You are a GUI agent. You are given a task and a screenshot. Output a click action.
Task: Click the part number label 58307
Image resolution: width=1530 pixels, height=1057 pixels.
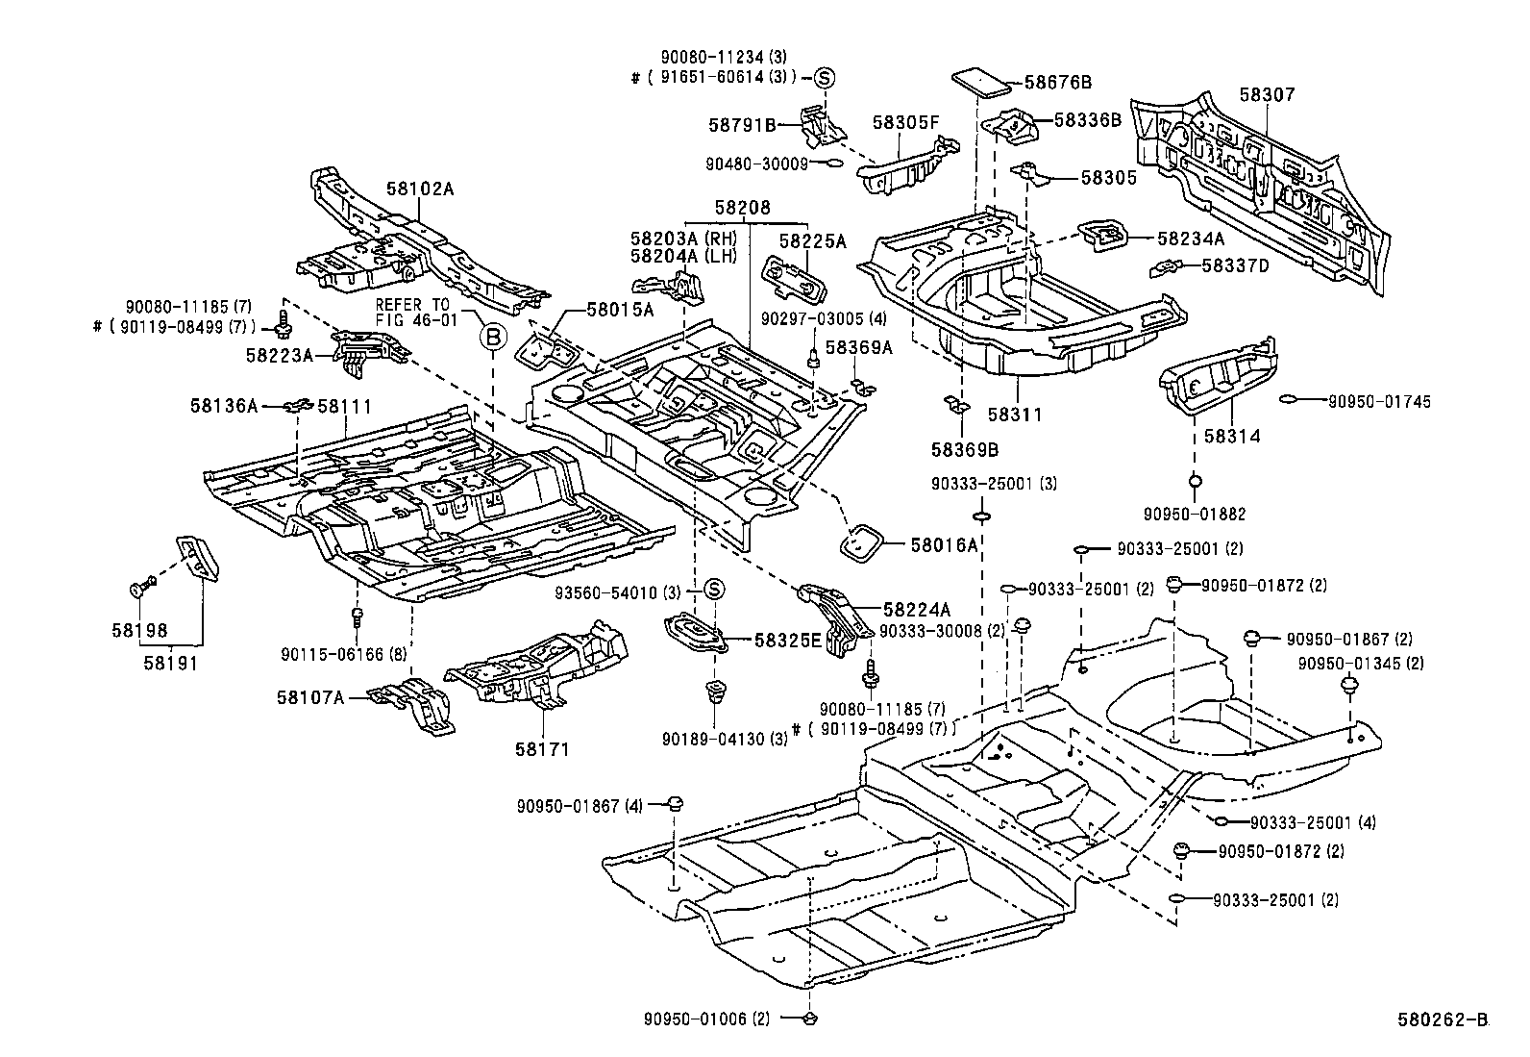point(1267,95)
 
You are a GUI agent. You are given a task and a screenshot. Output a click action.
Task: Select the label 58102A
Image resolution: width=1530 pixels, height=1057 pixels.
point(420,189)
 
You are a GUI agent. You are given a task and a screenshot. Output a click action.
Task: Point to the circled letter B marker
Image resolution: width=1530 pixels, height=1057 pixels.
point(491,337)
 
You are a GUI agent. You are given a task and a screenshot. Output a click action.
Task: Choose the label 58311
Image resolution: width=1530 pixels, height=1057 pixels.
point(1015,415)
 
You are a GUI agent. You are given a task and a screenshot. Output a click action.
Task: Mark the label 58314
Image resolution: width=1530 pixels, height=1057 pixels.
point(1231,436)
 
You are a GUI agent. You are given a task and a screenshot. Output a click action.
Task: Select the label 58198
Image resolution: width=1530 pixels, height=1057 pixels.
point(139,631)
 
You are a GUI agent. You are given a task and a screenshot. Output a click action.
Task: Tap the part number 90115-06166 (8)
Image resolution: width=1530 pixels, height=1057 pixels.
point(330,653)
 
